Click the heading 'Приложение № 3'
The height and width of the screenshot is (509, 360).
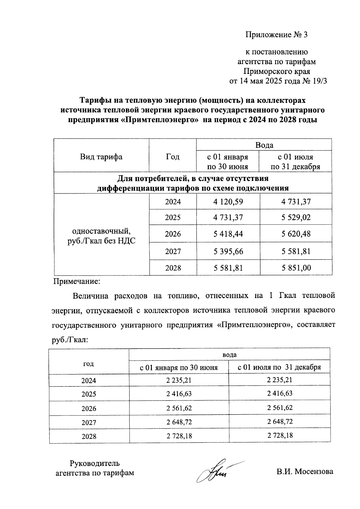276,35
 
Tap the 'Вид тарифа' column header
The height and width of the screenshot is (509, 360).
101,157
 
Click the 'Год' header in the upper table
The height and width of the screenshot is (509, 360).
172,157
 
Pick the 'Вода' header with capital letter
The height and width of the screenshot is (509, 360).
264,145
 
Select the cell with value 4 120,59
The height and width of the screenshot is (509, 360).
228,202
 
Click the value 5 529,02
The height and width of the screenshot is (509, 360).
295,217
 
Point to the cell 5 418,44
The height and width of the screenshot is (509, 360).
228,234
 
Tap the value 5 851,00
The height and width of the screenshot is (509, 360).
295,268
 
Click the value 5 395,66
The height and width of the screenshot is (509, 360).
228,251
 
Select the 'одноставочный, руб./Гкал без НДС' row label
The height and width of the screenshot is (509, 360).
101,236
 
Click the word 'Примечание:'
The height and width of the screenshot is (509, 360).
76,282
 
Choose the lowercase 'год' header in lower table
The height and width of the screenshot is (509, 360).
88,364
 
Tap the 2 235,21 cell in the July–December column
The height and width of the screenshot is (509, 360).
279,380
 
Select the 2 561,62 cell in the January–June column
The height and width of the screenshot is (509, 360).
179,408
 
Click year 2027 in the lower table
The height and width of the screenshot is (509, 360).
89,423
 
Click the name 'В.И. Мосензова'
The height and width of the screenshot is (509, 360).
305,472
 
